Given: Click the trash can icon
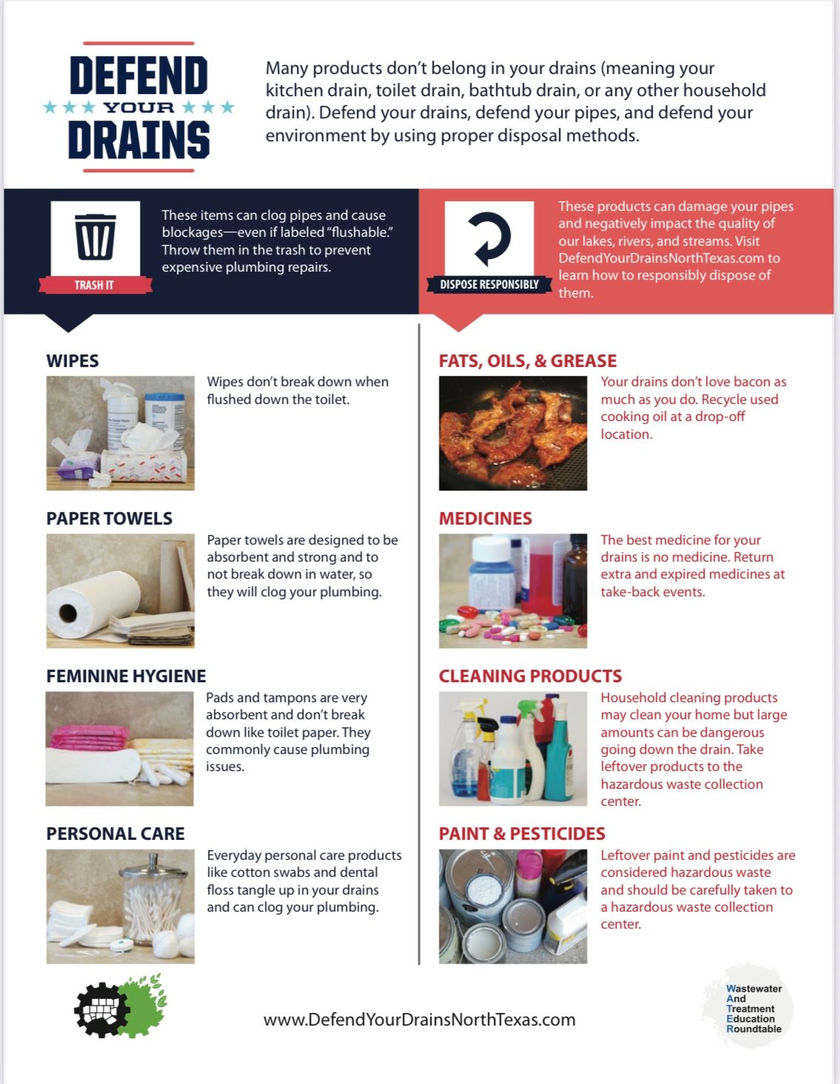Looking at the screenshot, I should (95, 236).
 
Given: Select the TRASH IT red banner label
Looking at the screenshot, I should (94, 285).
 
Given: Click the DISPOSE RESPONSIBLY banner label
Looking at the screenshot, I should (489, 284).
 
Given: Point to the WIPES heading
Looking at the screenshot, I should (73, 361).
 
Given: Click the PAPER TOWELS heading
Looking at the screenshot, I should (109, 519).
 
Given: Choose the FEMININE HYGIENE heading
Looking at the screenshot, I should (126, 676).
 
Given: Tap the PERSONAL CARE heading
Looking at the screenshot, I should (115, 834).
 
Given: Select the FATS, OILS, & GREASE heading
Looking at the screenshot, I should (528, 361).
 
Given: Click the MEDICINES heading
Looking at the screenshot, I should (485, 519).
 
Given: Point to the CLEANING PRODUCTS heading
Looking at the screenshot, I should (530, 676).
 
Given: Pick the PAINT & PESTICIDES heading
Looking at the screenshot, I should (522, 834).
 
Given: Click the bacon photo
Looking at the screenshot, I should (513, 434).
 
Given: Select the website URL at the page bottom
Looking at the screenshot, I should (419, 1020).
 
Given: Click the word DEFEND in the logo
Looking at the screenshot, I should (138, 76).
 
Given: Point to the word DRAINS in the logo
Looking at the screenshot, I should (138, 140).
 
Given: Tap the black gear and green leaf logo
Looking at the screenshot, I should (120, 1006).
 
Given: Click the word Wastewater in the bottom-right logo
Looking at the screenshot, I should (754, 989).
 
